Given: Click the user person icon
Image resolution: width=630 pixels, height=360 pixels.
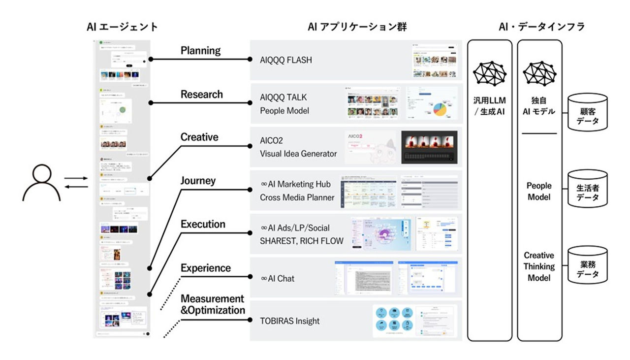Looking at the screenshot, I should pos(41,183).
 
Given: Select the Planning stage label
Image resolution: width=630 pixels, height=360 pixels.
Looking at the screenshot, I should pos(200,51).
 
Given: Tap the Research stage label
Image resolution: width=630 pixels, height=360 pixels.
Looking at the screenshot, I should pos(201,94).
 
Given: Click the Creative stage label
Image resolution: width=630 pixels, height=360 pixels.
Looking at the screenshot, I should pos(199,137).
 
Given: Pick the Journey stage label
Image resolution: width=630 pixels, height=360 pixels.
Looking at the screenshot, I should pos(198,181).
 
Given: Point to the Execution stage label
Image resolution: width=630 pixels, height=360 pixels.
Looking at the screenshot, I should pos(203,224).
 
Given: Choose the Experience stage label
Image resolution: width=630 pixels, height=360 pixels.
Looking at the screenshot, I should pos(205,268).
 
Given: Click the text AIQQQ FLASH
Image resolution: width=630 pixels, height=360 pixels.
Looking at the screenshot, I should pos(286,61).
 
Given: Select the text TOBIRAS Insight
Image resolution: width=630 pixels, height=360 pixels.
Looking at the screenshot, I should pos(289,321).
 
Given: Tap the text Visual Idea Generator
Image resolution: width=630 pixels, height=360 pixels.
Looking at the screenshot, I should pos(298,154).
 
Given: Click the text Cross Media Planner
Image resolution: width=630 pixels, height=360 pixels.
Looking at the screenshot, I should pos(297,197).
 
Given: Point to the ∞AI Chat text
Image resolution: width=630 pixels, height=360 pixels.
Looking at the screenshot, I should pos(278,278).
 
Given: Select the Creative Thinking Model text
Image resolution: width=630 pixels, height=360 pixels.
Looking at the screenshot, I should pos(538,266).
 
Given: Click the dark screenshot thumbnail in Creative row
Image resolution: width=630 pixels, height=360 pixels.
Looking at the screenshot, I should pos(429,147).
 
